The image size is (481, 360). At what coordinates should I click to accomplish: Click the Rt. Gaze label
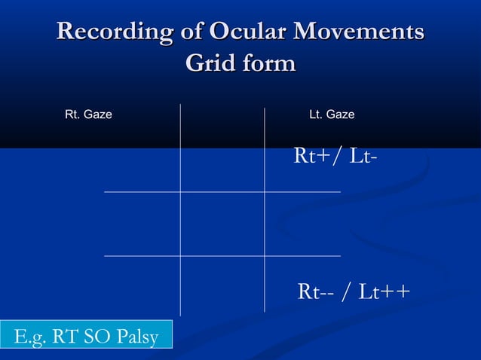[x=88, y=114]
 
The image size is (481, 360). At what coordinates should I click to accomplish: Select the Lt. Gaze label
[x=332, y=114]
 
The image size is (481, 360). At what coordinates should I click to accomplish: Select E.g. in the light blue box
[x=28, y=337]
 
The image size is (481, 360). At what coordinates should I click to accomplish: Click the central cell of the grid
[x=222, y=224]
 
